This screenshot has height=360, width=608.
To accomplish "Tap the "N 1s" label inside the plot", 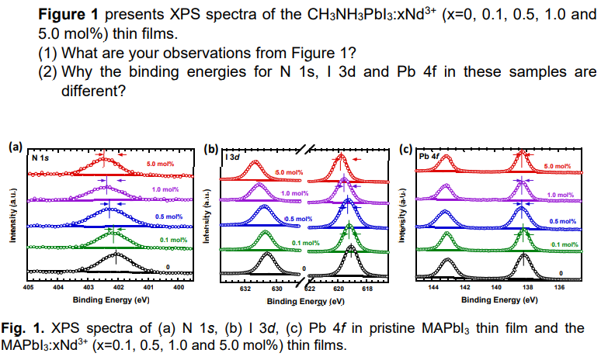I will pos(40,157).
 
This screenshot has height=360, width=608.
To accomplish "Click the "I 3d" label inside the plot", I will pos(231,157).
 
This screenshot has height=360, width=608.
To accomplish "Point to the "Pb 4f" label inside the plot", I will pos(429,155).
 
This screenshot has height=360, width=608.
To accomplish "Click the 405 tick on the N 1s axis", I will pos(28,287).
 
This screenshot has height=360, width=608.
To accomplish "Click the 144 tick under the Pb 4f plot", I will pos(433,287).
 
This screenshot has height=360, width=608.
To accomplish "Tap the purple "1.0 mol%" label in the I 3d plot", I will pos(295,193).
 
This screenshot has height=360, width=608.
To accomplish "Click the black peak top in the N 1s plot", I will pos(117,254).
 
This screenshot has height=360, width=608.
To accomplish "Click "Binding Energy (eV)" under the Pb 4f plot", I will pos(497,299).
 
